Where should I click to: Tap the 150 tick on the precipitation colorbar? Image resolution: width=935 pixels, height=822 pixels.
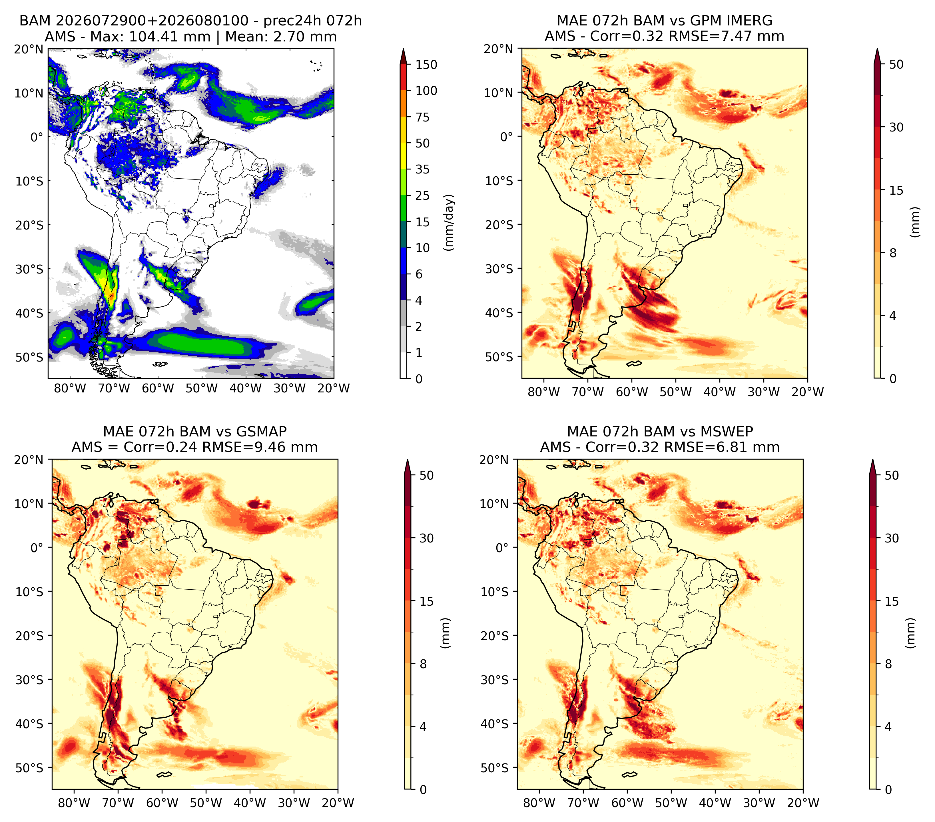(426, 65)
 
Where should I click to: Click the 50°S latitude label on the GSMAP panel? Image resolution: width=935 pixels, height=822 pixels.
(29, 767)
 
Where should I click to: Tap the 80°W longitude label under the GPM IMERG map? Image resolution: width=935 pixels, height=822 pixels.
(544, 392)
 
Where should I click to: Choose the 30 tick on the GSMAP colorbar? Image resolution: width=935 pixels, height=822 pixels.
(426, 538)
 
